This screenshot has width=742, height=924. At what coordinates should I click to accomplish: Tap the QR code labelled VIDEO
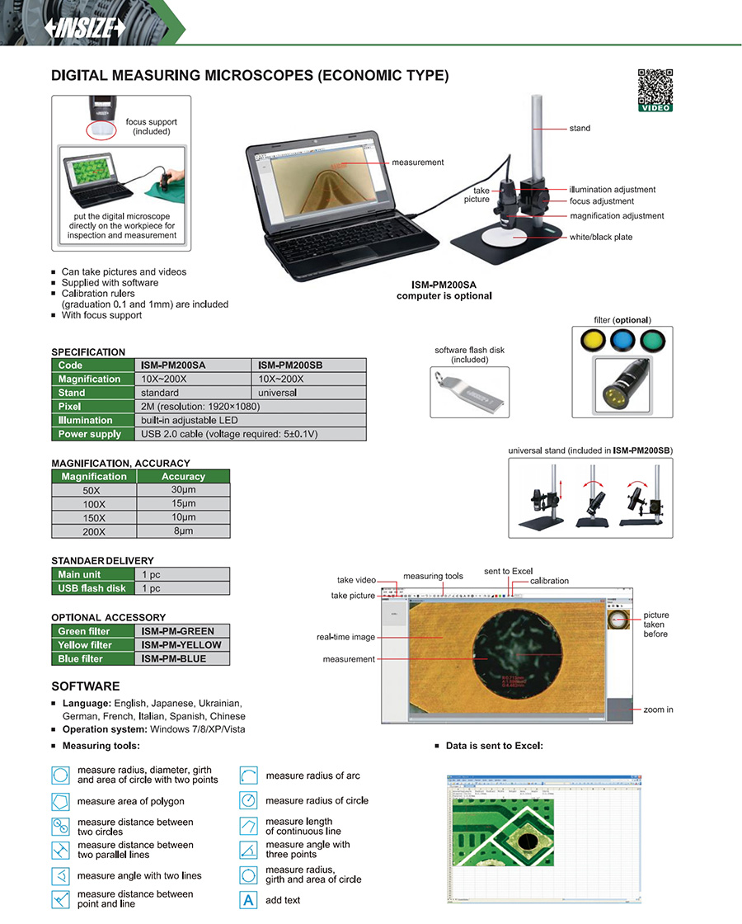[655, 86]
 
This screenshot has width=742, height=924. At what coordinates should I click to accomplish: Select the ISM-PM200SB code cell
[308, 365]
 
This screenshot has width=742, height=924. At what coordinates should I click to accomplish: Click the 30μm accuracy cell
[183, 490]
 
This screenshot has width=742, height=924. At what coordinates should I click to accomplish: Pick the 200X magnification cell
[94, 532]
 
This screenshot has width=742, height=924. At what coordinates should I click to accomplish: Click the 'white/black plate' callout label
[601, 238]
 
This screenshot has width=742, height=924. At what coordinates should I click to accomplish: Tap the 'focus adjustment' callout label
[602, 201]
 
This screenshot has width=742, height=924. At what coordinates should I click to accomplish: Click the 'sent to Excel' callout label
[508, 572]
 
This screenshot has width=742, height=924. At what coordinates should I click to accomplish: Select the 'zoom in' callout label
[659, 709]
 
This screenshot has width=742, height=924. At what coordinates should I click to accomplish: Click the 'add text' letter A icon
[248, 900]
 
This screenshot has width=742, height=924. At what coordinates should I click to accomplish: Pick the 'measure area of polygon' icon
[61, 801]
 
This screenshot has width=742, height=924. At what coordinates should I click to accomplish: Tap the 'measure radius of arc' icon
[248, 776]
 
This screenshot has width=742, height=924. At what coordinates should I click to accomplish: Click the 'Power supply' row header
[90, 434]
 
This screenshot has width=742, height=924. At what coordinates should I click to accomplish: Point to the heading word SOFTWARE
[86, 686]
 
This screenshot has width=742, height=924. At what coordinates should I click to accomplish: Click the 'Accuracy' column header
[183, 476]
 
